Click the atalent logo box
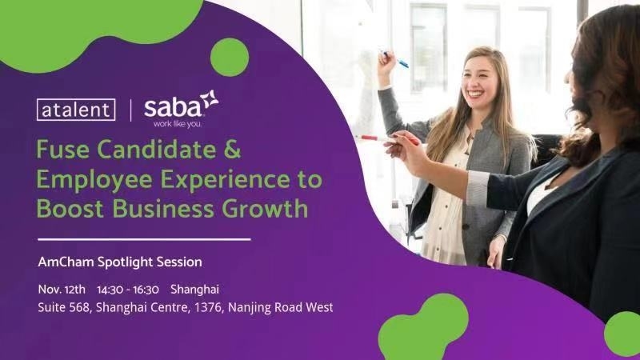tap(76, 110)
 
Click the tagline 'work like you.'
tap(177, 124)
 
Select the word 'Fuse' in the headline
tap(62, 149)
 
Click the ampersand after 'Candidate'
tap(232, 149)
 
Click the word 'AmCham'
tap(66, 262)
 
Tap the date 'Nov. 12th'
tap(62, 290)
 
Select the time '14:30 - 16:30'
tap(128, 290)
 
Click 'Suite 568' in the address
tap(63, 307)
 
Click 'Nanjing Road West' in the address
tap(281, 307)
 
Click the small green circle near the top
tap(230, 57)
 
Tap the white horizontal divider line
tap(144, 239)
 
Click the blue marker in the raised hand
tap(395, 59)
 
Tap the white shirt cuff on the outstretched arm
tap(478, 188)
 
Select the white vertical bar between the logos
tap(130, 110)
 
